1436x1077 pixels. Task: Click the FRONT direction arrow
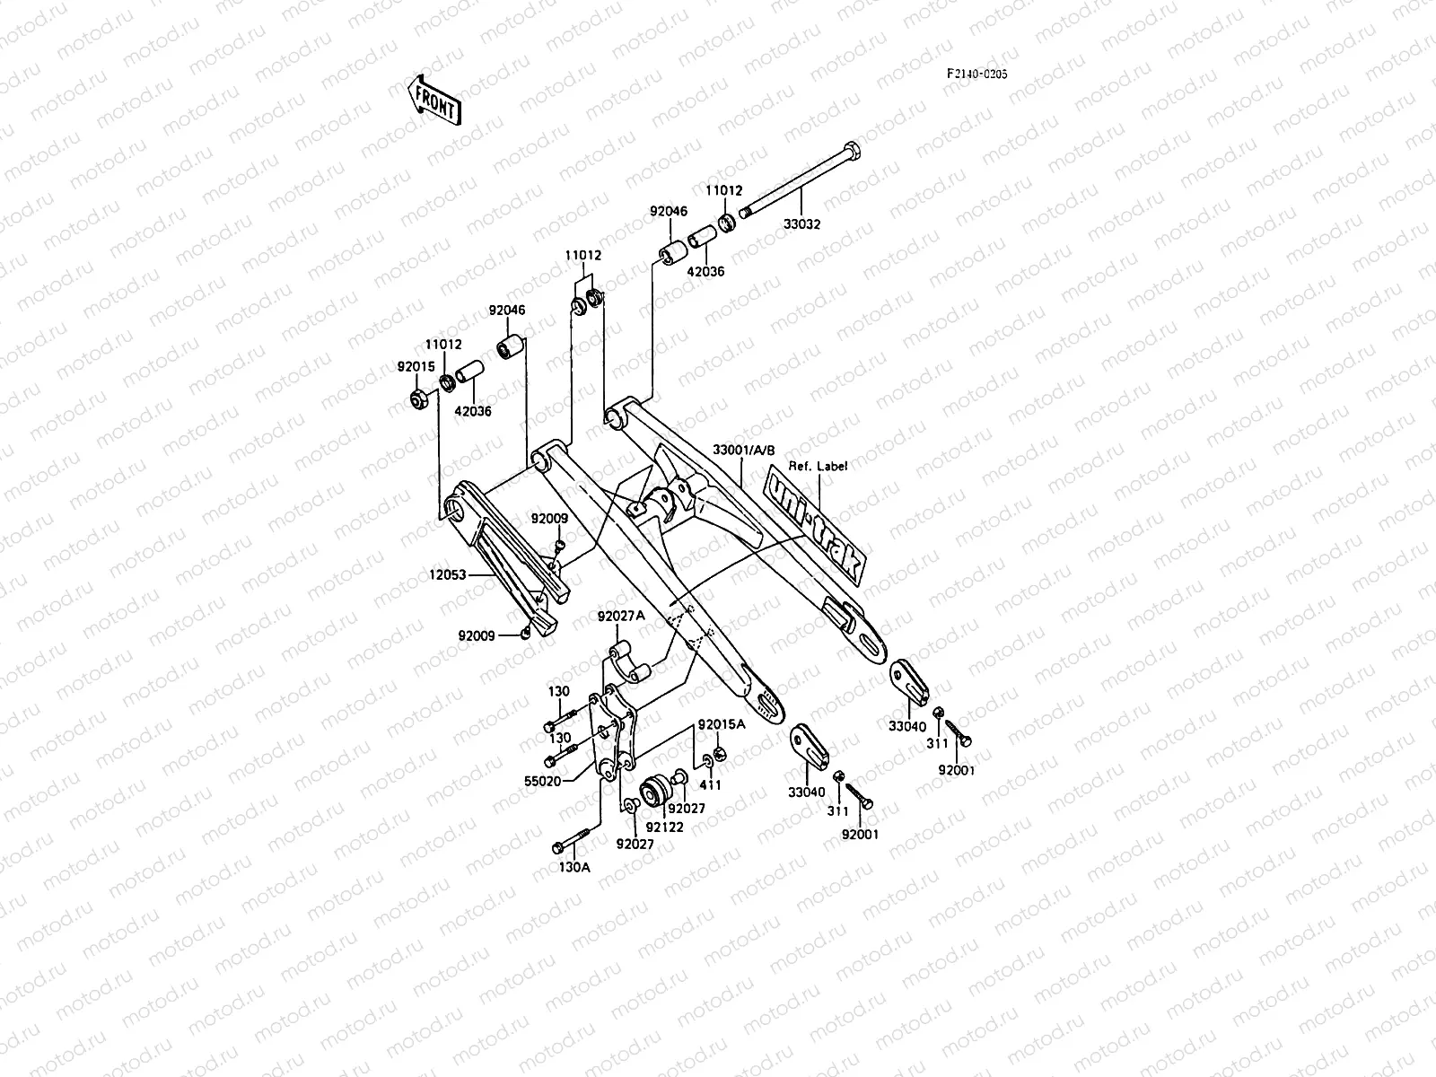tap(434, 100)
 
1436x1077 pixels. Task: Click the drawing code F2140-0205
tap(976, 74)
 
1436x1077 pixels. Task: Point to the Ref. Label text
tap(818, 466)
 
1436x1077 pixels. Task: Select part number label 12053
tap(449, 574)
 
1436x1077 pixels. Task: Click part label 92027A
tap(621, 617)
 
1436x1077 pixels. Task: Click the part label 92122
tap(665, 827)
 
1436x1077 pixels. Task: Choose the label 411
tap(711, 784)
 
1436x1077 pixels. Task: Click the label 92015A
tap(722, 724)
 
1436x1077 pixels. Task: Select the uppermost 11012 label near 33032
tap(723, 190)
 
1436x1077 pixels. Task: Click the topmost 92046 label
tap(669, 212)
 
